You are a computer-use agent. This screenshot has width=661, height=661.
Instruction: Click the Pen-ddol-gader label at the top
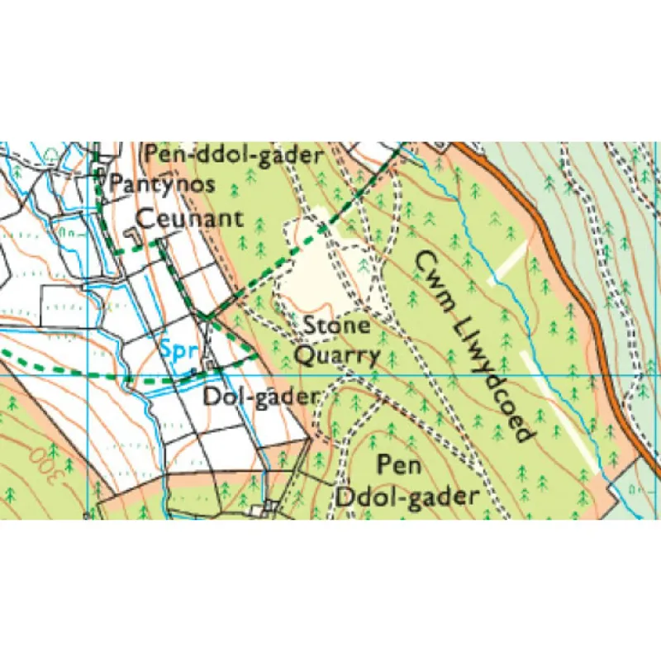click(233, 155)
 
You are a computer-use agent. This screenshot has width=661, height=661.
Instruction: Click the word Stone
click(337, 326)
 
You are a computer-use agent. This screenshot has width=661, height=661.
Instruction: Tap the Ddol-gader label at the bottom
click(408, 497)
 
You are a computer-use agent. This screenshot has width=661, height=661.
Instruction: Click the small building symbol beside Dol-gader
click(209, 361)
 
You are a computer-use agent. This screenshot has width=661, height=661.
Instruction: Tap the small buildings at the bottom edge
click(269, 506)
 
